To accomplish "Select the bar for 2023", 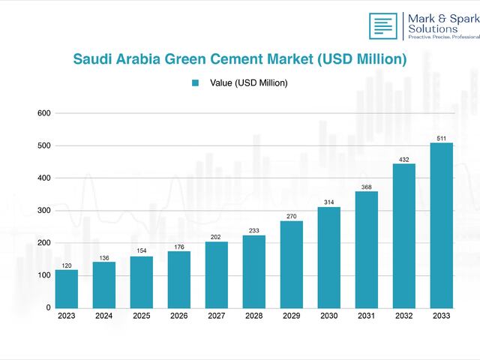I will click(67, 289).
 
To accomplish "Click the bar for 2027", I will click(216, 274).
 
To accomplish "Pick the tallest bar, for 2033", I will click(441, 225).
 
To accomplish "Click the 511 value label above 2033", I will click(441, 138).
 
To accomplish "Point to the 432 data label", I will click(403, 159).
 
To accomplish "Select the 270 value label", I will click(292, 216).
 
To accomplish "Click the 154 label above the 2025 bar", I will click(142, 250).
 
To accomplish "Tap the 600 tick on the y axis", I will click(43, 113).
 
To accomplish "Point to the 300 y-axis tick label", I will click(43, 211).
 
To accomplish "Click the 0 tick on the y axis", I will click(48, 307).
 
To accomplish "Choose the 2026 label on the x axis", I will click(179, 316).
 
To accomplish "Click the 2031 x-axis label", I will click(366, 316).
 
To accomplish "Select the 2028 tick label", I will click(253, 316).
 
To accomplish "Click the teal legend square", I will click(195, 83).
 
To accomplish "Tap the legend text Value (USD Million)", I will click(248, 83).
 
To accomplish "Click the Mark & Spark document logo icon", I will click(383, 26).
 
